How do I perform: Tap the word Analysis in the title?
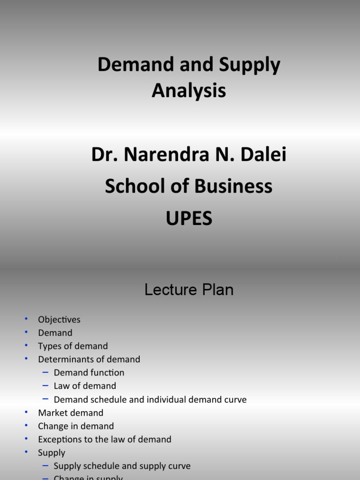pos(189,90)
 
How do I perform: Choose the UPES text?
pos(189,218)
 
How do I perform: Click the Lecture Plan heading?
pos(189,290)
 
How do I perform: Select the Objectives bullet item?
pos(59,320)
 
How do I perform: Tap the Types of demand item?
pos(73,346)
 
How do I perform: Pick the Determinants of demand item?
pos(89,360)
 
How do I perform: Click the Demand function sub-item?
pos(89,373)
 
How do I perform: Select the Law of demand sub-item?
pos(85,386)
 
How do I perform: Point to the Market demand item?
pos(70,413)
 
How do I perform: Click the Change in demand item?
pos(76,426)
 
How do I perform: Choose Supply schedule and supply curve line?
pos(122,466)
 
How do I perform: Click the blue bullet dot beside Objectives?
pos(27,319)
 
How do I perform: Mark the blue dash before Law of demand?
pos(45,385)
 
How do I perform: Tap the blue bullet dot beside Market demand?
pos(27,412)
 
